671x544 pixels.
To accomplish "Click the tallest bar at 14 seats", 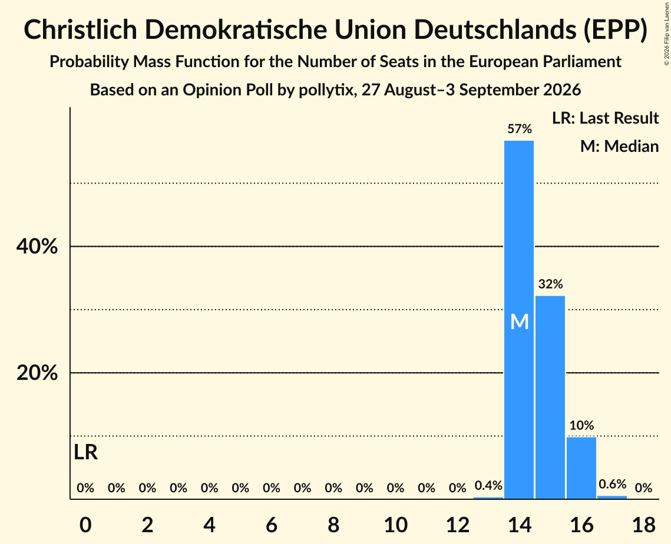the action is (519, 320).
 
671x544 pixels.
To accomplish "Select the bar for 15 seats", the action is (550, 397).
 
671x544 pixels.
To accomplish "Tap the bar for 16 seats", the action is (581, 468).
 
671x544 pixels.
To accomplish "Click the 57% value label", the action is (520, 129).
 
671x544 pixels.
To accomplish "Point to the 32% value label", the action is (550, 284).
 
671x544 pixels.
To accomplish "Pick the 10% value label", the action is (581, 425).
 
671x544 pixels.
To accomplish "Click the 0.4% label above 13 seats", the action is (488, 485).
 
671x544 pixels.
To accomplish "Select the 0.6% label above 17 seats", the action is (612, 484).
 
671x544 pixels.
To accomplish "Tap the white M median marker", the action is (520, 321).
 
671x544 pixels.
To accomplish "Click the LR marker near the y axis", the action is (85, 453).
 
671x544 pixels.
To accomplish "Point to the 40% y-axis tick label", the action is (37, 246).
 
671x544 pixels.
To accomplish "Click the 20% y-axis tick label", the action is (37, 373).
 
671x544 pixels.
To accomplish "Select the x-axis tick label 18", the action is (644, 525).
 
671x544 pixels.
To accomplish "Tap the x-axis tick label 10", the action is (395, 525).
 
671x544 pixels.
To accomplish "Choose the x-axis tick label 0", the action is (85, 525).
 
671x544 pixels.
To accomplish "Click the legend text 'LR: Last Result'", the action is (605, 118).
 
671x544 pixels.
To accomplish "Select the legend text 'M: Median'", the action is (619, 146).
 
